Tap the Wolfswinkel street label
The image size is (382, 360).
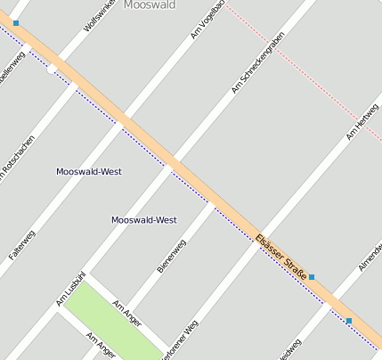pos(99,15)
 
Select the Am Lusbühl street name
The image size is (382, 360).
pos(71,288)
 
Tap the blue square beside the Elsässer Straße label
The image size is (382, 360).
pos(312,278)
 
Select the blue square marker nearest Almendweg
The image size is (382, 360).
pos(349,321)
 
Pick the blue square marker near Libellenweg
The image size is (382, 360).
pos(16,23)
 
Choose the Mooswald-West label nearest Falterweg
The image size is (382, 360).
pos(88,171)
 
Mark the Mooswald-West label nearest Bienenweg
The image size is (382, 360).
pos(143,219)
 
